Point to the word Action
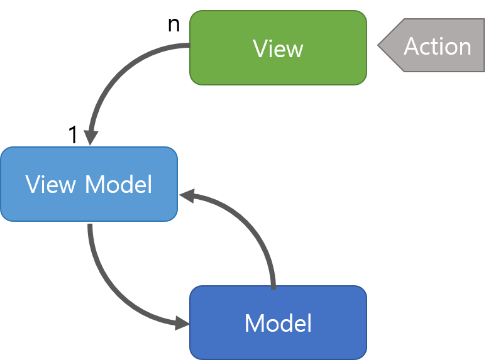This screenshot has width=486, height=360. click(x=438, y=46)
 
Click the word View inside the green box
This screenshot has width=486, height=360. click(x=278, y=48)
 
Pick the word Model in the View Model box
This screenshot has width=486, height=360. click(x=119, y=185)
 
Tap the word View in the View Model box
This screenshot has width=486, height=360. click(x=51, y=185)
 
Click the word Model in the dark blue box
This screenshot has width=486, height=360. click(x=278, y=324)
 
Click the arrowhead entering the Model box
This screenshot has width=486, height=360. click(x=182, y=324)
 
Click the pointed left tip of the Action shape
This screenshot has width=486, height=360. click(x=380, y=45)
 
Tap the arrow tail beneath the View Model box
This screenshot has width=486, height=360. click(x=90, y=226)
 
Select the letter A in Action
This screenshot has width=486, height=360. click(x=412, y=46)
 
